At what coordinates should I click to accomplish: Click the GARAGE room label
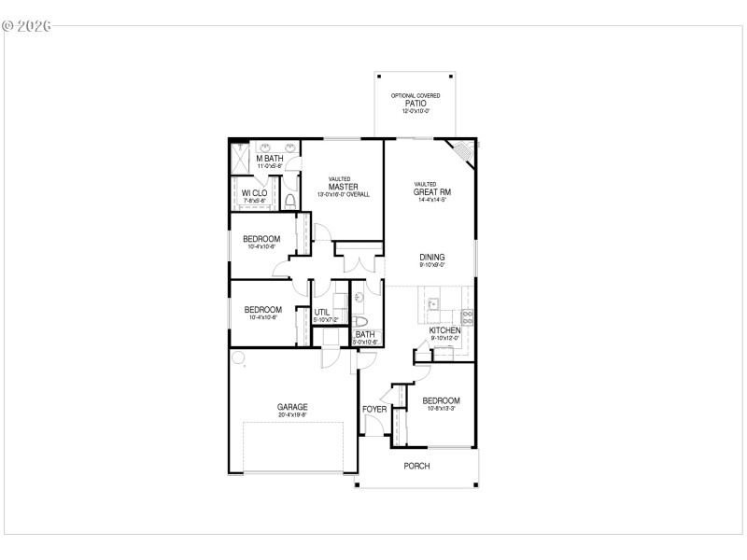click(x=291, y=407)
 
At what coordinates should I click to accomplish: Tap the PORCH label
click(x=416, y=466)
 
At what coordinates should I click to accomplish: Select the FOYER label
click(x=374, y=409)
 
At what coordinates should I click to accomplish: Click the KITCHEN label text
click(x=444, y=330)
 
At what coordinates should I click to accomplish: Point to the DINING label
click(x=431, y=258)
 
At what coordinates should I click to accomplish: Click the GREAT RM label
click(x=431, y=192)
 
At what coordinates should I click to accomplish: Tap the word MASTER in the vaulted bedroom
click(x=344, y=187)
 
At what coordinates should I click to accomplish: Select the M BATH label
click(x=270, y=159)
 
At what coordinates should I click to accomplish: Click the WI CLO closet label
click(x=255, y=192)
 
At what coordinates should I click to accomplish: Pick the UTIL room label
click(x=321, y=312)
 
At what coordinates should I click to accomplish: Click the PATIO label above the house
click(x=416, y=104)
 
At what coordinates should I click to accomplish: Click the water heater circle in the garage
click(x=238, y=357)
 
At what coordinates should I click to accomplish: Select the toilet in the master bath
click(x=290, y=201)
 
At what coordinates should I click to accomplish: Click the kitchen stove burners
click(x=467, y=315)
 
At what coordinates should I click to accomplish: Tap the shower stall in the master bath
click(x=239, y=159)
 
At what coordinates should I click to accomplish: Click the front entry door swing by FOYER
click(x=372, y=426)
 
